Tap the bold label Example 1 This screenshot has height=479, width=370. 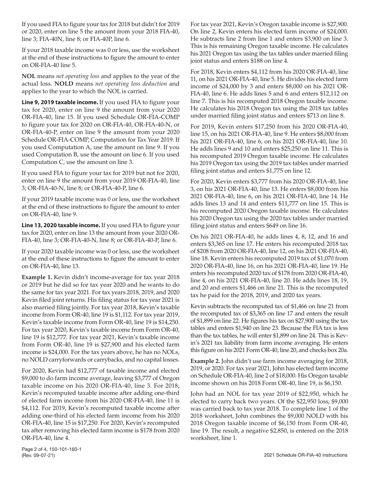point(37,277)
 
